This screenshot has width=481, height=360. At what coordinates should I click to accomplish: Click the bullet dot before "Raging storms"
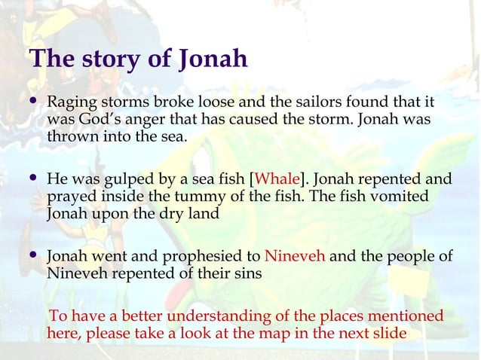coord(32,102)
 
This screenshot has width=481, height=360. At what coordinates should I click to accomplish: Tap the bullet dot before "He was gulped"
coord(32,180)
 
